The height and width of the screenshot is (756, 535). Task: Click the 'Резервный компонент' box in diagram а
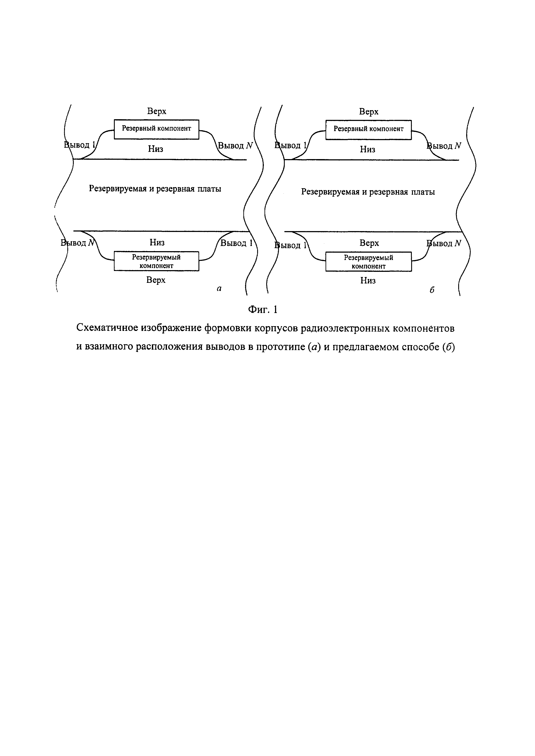coord(156,129)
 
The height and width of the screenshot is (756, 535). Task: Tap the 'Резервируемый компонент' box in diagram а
coord(156,261)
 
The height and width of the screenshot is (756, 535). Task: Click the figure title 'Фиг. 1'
coord(263,310)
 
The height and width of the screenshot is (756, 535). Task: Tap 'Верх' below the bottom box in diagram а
coord(156,280)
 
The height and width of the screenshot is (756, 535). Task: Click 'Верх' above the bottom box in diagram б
coord(369,243)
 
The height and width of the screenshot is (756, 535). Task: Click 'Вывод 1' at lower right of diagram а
coord(236,243)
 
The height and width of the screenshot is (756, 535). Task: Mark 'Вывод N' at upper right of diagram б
coord(444,146)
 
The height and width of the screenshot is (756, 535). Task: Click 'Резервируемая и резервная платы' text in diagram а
coord(155,189)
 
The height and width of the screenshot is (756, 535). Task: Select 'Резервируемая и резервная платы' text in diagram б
coord(368,192)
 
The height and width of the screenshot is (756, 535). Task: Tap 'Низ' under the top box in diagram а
coord(156,149)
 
